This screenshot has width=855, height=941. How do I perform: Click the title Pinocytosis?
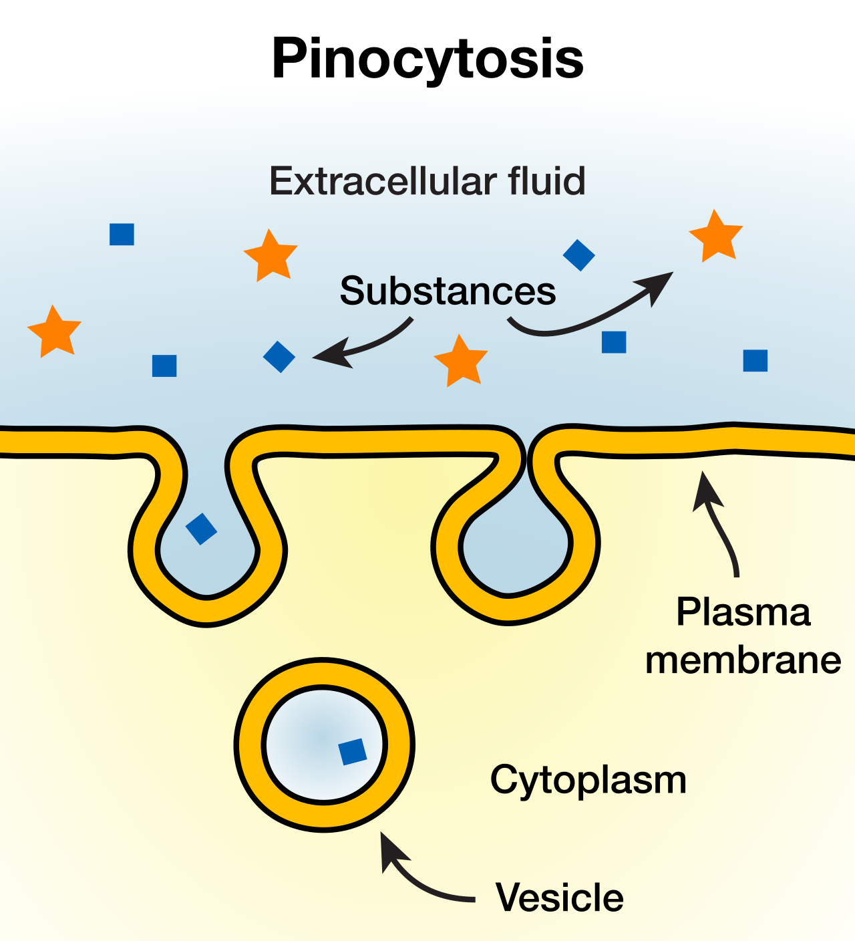point(427,59)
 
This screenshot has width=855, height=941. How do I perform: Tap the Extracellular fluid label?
point(427,180)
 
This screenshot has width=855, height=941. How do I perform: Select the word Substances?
point(448,291)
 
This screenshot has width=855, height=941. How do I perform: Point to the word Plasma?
point(743,612)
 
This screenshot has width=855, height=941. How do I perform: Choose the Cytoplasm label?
point(588,781)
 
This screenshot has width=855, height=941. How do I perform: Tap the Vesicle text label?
point(560,898)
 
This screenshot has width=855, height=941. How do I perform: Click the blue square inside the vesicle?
point(353,751)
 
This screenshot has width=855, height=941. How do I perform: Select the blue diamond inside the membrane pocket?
point(201,529)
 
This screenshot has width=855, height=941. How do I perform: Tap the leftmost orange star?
point(54,332)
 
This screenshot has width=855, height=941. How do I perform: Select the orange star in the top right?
point(715,237)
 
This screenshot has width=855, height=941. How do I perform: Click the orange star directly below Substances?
point(461,361)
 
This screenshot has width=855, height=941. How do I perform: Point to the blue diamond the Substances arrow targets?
point(279,357)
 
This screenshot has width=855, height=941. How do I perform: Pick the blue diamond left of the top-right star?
point(578,255)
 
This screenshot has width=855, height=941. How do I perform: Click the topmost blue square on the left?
point(122,234)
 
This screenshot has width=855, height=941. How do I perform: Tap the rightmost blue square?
point(755,361)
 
